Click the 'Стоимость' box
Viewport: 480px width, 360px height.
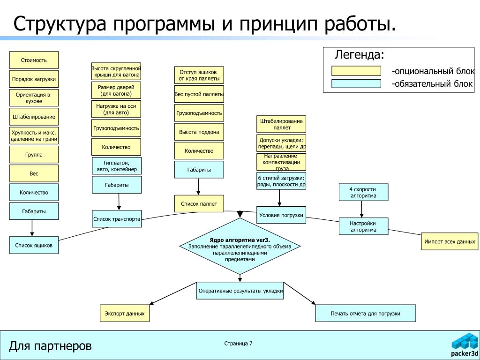click(x=34, y=60)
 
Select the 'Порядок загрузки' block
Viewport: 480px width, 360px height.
click(x=34, y=79)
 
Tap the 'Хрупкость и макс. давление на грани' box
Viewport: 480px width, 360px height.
click(x=34, y=135)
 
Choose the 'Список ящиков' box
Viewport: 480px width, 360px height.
click(x=34, y=245)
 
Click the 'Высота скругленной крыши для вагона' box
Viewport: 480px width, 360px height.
click(x=116, y=72)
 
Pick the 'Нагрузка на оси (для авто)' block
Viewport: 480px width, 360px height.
click(x=116, y=109)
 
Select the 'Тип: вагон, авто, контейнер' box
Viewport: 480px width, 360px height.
click(x=116, y=166)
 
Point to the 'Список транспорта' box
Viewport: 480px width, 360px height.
click(x=117, y=219)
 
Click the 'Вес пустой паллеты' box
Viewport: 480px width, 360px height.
click(x=199, y=94)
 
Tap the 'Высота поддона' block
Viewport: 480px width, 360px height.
click(x=199, y=132)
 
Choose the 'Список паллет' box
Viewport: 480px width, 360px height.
click(x=199, y=204)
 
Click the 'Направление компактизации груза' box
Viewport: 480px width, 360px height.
click(x=281, y=162)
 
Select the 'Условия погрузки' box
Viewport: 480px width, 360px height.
click(x=281, y=215)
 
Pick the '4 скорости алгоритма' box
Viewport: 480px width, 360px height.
click(x=363, y=192)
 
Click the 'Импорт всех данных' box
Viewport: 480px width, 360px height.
click(x=450, y=242)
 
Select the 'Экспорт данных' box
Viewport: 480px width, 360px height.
click(x=124, y=313)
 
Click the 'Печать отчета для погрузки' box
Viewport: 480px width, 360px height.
click(x=365, y=313)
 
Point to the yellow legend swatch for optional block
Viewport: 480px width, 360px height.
click(x=356, y=71)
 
